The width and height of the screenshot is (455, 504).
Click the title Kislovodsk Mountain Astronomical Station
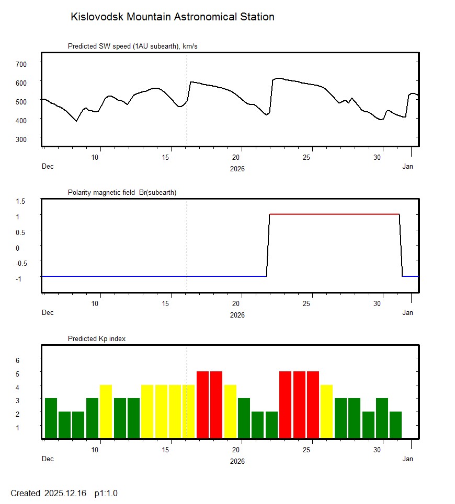click(172, 17)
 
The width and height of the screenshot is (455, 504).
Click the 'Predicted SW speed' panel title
click(132, 46)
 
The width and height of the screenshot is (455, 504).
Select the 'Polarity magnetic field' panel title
click(122, 193)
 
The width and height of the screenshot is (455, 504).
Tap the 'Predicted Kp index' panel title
click(97, 339)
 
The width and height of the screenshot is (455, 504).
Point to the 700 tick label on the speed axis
click(21, 64)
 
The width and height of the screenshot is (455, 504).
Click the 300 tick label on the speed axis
click(21, 139)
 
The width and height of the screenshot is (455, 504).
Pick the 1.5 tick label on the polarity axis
click(21, 201)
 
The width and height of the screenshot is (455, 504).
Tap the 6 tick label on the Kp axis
click(17, 360)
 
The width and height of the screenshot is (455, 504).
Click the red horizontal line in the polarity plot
click(335, 214)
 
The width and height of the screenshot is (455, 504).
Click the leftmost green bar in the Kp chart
click(51, 418)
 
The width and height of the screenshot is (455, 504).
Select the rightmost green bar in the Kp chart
click(395, 425)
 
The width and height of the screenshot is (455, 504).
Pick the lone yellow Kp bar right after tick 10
click(106, 412)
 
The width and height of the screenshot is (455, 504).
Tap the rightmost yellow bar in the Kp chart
click(326, 412)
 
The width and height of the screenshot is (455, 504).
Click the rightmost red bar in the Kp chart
click(313, 405)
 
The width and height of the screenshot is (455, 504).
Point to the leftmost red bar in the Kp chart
click(202, 405)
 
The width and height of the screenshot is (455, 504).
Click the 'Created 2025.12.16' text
click(48, 493)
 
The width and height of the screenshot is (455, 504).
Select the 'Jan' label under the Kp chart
click(407, 459)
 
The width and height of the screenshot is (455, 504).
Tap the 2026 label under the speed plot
click(237, 169)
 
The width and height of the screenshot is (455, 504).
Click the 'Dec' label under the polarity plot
click(48, 313)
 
